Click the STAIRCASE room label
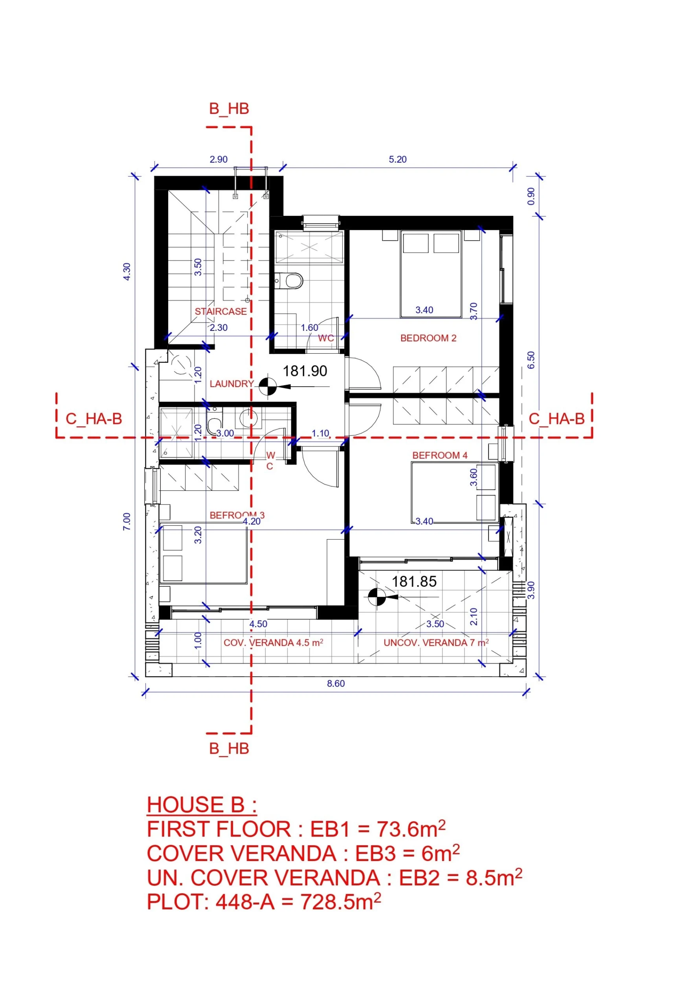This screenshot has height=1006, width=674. pos(220,312)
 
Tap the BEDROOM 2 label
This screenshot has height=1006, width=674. pos(428,338)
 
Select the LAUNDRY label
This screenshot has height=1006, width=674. pos(232,384)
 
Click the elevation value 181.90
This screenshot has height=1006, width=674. pos(305,371)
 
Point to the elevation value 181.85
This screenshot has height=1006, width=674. pos(414,582)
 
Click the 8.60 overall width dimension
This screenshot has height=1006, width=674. pos(336,684)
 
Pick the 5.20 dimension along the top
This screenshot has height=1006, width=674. pos(398,160)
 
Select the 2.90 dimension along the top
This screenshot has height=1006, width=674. pos(219,160)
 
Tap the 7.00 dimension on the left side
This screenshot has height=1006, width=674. pos(127,522)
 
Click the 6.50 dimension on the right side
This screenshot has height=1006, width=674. pos(531,360)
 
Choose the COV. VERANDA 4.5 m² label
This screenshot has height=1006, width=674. pos(274,643)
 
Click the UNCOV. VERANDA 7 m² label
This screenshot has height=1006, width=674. pos(436,643)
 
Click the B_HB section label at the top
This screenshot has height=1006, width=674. pos(229,109)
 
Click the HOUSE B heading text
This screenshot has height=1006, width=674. pos(202,804)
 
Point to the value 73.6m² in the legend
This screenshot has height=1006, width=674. pos(411,828)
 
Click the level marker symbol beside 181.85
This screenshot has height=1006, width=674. pos(376,597)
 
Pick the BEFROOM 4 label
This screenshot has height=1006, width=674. pos(440,455)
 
